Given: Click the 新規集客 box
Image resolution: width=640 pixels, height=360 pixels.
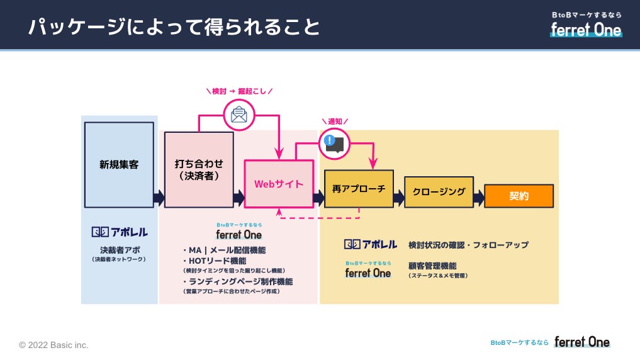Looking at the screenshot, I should (119, 165).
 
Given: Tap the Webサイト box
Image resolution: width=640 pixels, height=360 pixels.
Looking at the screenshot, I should (279, 184).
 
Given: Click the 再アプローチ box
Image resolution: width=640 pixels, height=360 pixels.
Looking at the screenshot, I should (359, 189).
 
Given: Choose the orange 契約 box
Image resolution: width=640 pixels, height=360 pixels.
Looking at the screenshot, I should (519, 196).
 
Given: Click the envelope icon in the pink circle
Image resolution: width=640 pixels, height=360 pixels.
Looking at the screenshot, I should (239, 115).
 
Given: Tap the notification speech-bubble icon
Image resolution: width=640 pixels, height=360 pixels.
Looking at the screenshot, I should (334, 143).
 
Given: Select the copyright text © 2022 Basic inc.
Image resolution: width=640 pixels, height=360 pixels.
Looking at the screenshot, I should (53, 345).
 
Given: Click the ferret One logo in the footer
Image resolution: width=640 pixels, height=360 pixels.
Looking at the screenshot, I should (581, 342).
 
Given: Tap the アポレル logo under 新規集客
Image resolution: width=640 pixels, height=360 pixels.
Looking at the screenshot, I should (120, 232).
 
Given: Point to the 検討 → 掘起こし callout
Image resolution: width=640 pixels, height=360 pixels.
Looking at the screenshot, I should (239, 91).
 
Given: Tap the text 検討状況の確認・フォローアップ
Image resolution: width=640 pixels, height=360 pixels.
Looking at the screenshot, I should (468, 245).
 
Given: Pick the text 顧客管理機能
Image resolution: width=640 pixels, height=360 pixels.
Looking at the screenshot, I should (432, 266).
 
